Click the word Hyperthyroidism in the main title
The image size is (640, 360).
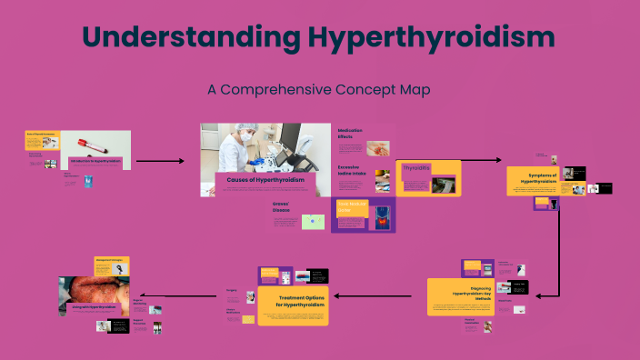(x=430, y=37)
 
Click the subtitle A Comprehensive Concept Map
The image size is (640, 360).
(x=318, y=90)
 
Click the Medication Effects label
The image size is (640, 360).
(x=351, y=134)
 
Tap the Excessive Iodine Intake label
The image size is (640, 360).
(x=354, y=170)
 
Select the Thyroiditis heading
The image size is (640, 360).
(x=415, y=168)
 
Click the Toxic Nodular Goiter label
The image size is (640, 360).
(x=350, y=206)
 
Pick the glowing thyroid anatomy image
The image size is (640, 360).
(x=380, y=219)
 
